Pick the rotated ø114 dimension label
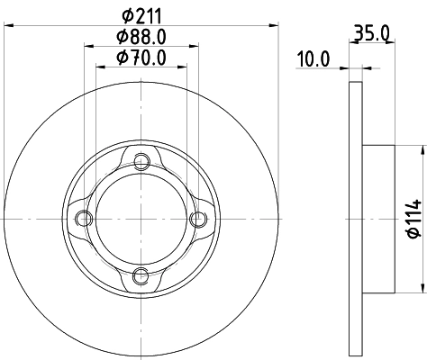(x=413, y=218)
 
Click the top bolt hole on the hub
(x=141, y=163)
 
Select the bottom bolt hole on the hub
(x=141, y=274)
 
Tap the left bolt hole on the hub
(x=85, y=219)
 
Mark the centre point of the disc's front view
(x=141, y=219)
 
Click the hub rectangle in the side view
(x=378, y=219)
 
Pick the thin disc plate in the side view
(x=355, y=219)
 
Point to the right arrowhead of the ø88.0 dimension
(x=194, y=46)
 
